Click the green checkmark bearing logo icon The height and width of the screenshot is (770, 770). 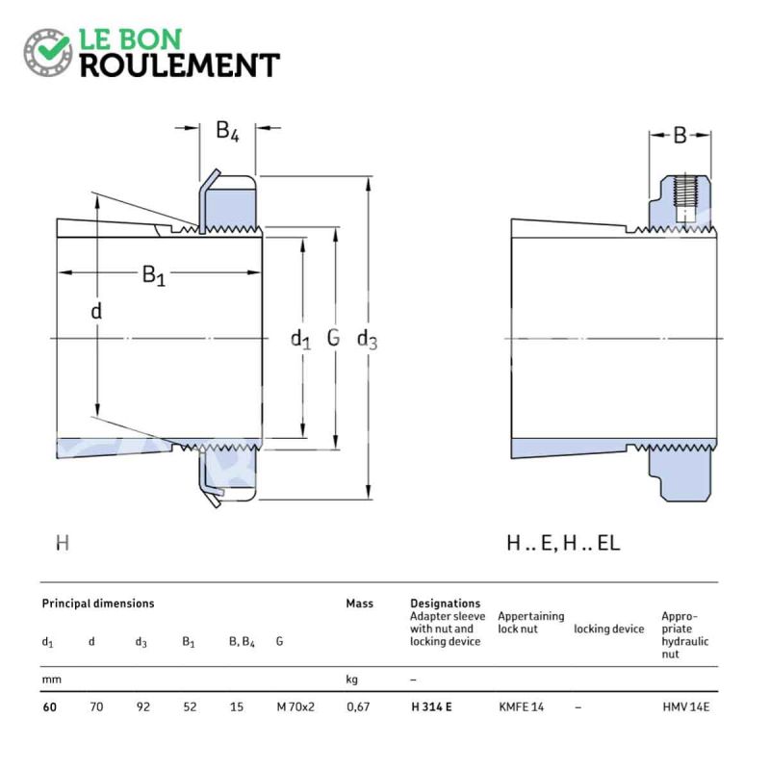(47, 52)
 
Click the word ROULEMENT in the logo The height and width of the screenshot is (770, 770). (180, 65)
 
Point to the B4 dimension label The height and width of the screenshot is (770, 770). (227, 131)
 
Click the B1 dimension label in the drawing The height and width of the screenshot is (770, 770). (154, 275)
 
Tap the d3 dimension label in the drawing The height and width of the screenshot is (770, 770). (367, 340)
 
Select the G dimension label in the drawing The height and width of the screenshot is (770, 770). (333, 338)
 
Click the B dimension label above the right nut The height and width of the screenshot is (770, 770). (680, 136)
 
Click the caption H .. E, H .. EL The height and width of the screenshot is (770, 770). (563, 543)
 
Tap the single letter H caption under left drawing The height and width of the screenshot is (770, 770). (63, 543)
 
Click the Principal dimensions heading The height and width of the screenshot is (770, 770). (98, 603)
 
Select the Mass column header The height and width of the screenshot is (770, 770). (359, 603)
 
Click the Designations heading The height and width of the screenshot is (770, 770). (445, 603)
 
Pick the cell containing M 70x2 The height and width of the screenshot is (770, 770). (295, 707)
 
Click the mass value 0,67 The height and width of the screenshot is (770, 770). (358, 707)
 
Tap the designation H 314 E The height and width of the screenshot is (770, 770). (431, 707)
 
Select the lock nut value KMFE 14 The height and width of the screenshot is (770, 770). (521, 707)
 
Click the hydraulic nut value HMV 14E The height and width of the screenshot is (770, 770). (685, 707)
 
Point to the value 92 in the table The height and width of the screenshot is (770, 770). (142, 707)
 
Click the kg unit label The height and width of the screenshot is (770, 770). (351, 680)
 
